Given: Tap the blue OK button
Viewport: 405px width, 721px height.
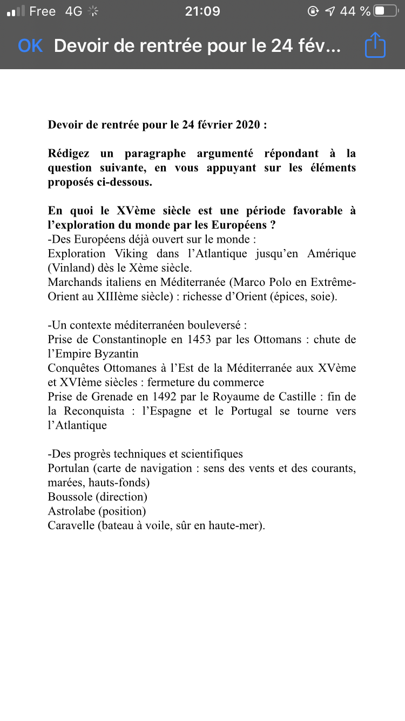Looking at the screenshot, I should tap(30, 46).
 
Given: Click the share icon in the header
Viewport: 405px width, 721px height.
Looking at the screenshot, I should tap(375, 45).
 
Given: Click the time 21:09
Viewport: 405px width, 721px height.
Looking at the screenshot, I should tap(202, 11).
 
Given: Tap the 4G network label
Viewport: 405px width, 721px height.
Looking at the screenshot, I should tap(73, 11).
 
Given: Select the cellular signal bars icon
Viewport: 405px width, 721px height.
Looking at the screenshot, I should tap(16, 11).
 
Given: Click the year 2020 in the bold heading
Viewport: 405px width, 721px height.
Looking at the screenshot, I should tap(248, 125).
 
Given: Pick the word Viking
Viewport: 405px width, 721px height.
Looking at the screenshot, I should tap(130, 253).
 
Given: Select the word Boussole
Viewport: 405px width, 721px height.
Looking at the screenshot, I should tap(70, 497).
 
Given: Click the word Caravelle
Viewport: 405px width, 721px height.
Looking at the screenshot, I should tap(71, 525).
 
